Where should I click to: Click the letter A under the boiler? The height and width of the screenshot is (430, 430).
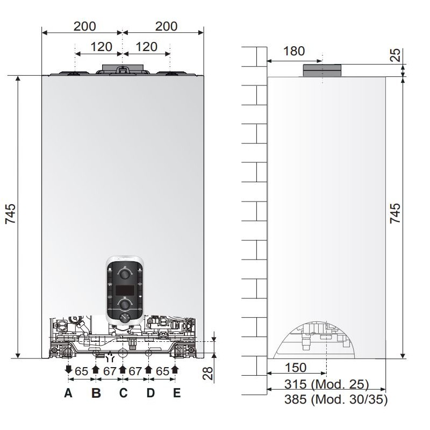(68, 393)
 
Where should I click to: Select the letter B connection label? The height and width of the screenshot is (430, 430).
(96, 393)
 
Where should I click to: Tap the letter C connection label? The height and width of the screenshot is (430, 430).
(124, 393)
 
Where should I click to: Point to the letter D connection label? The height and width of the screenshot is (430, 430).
(150, 393)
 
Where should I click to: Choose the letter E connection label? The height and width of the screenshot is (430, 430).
(177, 393)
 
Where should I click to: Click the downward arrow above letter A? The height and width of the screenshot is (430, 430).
(68, 369)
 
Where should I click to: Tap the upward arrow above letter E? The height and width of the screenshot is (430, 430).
(175, 369)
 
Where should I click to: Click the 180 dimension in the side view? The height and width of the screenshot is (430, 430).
(294, 51)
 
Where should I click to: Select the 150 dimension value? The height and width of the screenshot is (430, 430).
(295, 368)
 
